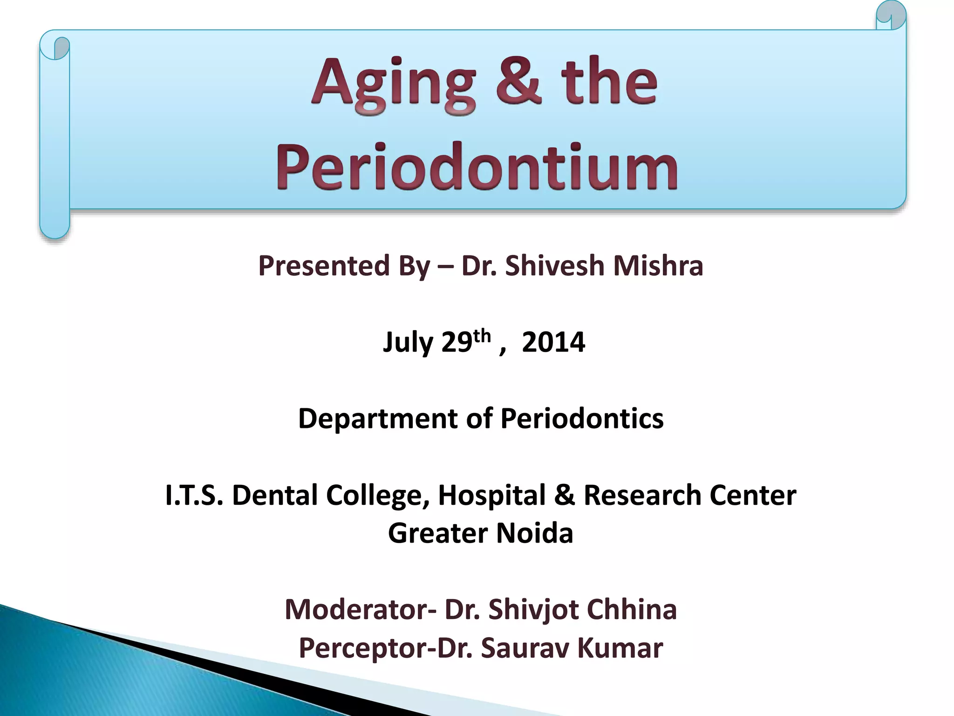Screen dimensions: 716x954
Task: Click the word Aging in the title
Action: click(394, 84)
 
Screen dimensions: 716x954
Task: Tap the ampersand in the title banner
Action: click(518, 82)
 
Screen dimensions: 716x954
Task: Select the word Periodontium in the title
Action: click(477, 166)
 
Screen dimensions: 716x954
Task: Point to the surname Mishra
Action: click(658, 266)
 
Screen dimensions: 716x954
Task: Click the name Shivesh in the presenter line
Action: click(554, 266)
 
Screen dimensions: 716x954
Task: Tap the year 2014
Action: click(553, 342)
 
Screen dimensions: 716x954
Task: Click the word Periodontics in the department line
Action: click(581, 418)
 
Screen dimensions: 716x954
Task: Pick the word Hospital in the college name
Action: click(491, 496)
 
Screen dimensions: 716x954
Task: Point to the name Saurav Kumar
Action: click(572, 648)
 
